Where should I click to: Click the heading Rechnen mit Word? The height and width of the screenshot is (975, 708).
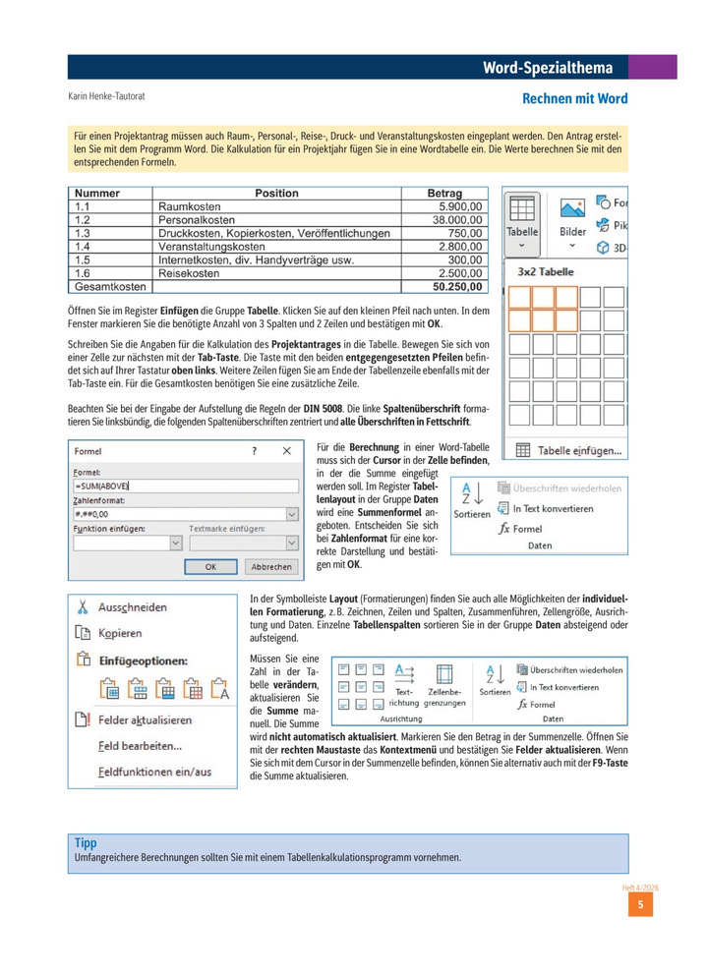click(x=574, y=99)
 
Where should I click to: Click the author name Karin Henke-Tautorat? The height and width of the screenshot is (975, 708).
click(x=113, y=97)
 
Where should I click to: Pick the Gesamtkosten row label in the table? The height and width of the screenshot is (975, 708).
click(x=109, y=287)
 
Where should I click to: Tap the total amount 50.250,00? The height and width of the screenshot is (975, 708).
click(x=458, y=287)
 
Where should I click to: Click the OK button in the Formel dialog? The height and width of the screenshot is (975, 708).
click(x=210, y=567)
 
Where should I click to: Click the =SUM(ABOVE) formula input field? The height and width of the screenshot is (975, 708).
click(x=185, y=486)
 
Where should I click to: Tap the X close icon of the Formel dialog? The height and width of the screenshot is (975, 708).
click(x=286, y=451)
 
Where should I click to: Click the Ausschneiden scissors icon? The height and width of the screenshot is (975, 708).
click(x=83, y=606)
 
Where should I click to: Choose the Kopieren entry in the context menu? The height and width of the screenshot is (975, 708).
click(x=119, y=634)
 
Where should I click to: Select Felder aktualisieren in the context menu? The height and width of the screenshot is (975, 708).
click(x=145, y=719)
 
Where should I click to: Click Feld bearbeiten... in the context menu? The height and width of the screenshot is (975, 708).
click(x=140, y=746)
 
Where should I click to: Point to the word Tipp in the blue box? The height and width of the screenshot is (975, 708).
click(x=86, y=843)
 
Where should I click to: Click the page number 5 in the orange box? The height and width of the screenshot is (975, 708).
click(x=640, y=905)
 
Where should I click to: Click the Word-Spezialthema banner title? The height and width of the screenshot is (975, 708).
click(x=548, y=68)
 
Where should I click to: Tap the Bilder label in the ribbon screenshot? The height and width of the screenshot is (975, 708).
click(x=573, y=232)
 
